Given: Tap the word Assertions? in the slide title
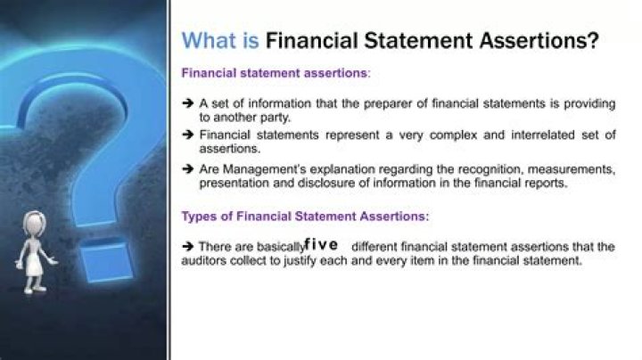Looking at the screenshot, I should (542, 41).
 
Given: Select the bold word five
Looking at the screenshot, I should (321, 244).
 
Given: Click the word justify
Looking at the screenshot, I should (333, 262).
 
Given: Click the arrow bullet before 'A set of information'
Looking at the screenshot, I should (188, 103).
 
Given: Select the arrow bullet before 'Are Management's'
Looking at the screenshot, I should (188, 168).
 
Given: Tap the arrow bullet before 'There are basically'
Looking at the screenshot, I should (188, 247).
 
